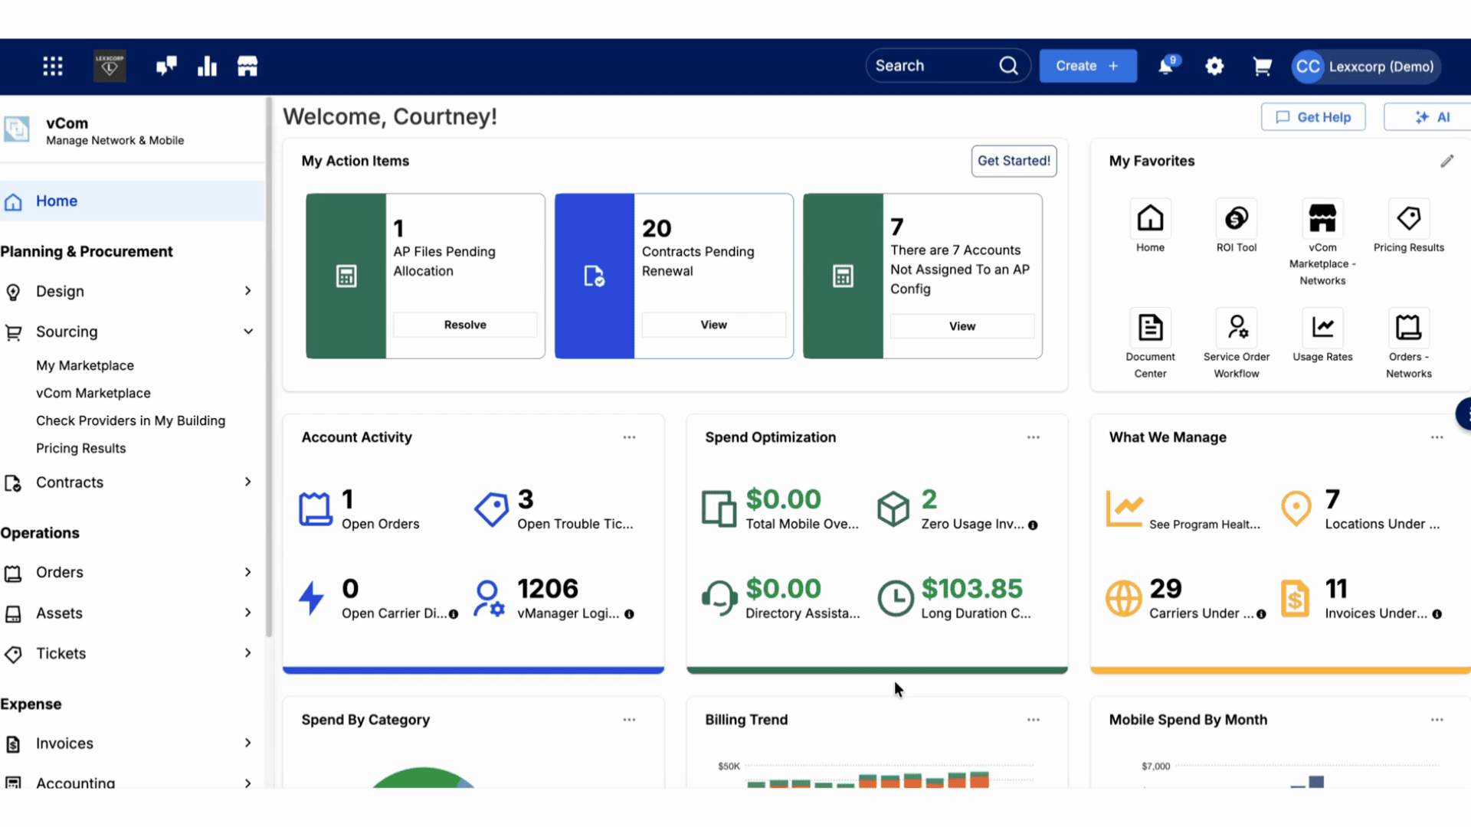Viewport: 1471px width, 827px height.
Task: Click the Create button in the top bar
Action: coord(1088,66)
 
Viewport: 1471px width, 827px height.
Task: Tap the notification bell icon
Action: coord(1166,66)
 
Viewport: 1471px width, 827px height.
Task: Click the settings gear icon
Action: coord(1214,67)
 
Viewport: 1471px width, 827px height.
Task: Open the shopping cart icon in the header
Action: coord(1262,67)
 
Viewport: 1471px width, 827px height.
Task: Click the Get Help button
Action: coord(1313,117)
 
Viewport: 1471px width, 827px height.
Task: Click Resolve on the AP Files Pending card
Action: coord(465,325)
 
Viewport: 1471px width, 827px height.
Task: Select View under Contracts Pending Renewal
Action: coord(713,325)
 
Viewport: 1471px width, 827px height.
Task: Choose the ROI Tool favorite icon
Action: coord(1237,218)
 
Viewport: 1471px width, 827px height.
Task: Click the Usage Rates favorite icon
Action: coord(1322,328)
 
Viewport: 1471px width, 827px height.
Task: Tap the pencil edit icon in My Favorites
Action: coord(1446,161)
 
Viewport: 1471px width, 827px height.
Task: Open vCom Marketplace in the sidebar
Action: coord(93,393)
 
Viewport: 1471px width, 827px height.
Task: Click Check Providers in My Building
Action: coord(131,420)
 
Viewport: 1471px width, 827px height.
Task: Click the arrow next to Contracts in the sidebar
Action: coord(247,482)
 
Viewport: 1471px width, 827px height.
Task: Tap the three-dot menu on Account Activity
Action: coord(629,437)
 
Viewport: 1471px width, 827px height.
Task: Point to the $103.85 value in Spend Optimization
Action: coord(971,588)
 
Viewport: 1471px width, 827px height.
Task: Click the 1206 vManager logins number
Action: coord(547,588)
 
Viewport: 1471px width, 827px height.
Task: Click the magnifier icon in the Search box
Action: coord(1009,66)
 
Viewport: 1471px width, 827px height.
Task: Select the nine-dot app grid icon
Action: coord(53,67)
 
